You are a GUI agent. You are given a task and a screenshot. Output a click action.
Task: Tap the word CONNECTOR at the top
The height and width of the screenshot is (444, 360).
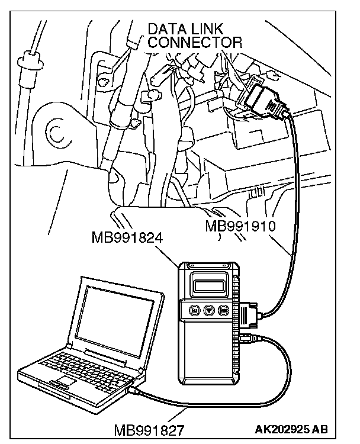195,42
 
